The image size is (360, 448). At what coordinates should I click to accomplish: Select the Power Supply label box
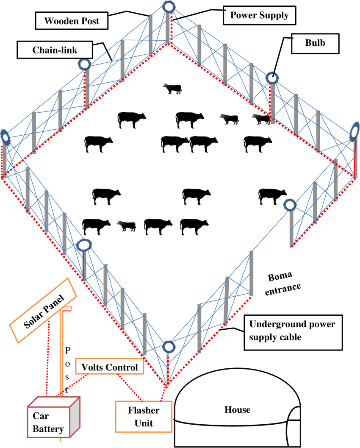coord(259,15)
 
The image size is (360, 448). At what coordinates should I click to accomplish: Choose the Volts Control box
coord(110,367)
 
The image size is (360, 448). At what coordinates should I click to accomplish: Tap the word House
coord(237,409)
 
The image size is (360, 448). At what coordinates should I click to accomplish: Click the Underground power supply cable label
coord(298,332)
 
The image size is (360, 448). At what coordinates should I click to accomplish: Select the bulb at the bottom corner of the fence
coord(168,347)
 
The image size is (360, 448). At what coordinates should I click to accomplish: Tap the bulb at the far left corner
coord(4,136)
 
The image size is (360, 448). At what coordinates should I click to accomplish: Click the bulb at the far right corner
coord(355,133)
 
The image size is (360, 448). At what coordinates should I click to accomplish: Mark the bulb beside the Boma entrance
coord(290,205)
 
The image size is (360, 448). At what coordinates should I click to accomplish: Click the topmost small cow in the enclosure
coord(172,89)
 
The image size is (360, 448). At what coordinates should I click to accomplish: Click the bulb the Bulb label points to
coord(272,78)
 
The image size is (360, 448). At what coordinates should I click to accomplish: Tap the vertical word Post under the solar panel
coord(66,369)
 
